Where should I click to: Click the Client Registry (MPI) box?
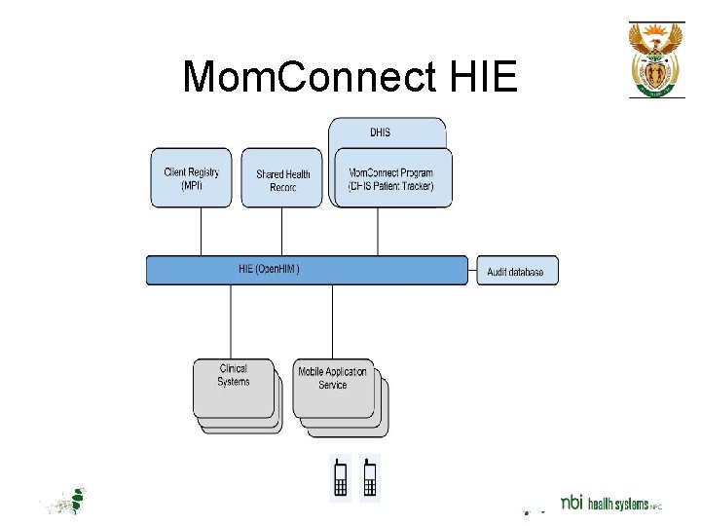click(x=191, y=178)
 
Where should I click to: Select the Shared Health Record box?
click(x=282, y=179)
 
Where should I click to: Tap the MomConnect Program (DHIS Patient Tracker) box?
click(x=392, y=179)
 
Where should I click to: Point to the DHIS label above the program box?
click(x=381, y=132)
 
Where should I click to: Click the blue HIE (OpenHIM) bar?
click(x=307, y=270)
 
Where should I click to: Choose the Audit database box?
click(x=516, y=272)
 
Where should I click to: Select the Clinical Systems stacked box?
click(x=234, y=387)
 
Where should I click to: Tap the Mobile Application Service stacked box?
click(x=333, y=387)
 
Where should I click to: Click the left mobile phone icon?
click(x=341, y=478)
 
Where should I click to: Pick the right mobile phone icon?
click(x=369, y=478)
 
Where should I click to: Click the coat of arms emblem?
click(x=655, y=59)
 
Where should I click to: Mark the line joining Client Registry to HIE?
click(x=201, y=231)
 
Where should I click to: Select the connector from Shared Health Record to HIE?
click(x=282, y=231)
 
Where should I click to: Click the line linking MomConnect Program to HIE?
click(x=379, y=231)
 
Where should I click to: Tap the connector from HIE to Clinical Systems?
click(x=231, y=321)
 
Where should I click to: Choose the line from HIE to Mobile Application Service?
click(x=334, y=321)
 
